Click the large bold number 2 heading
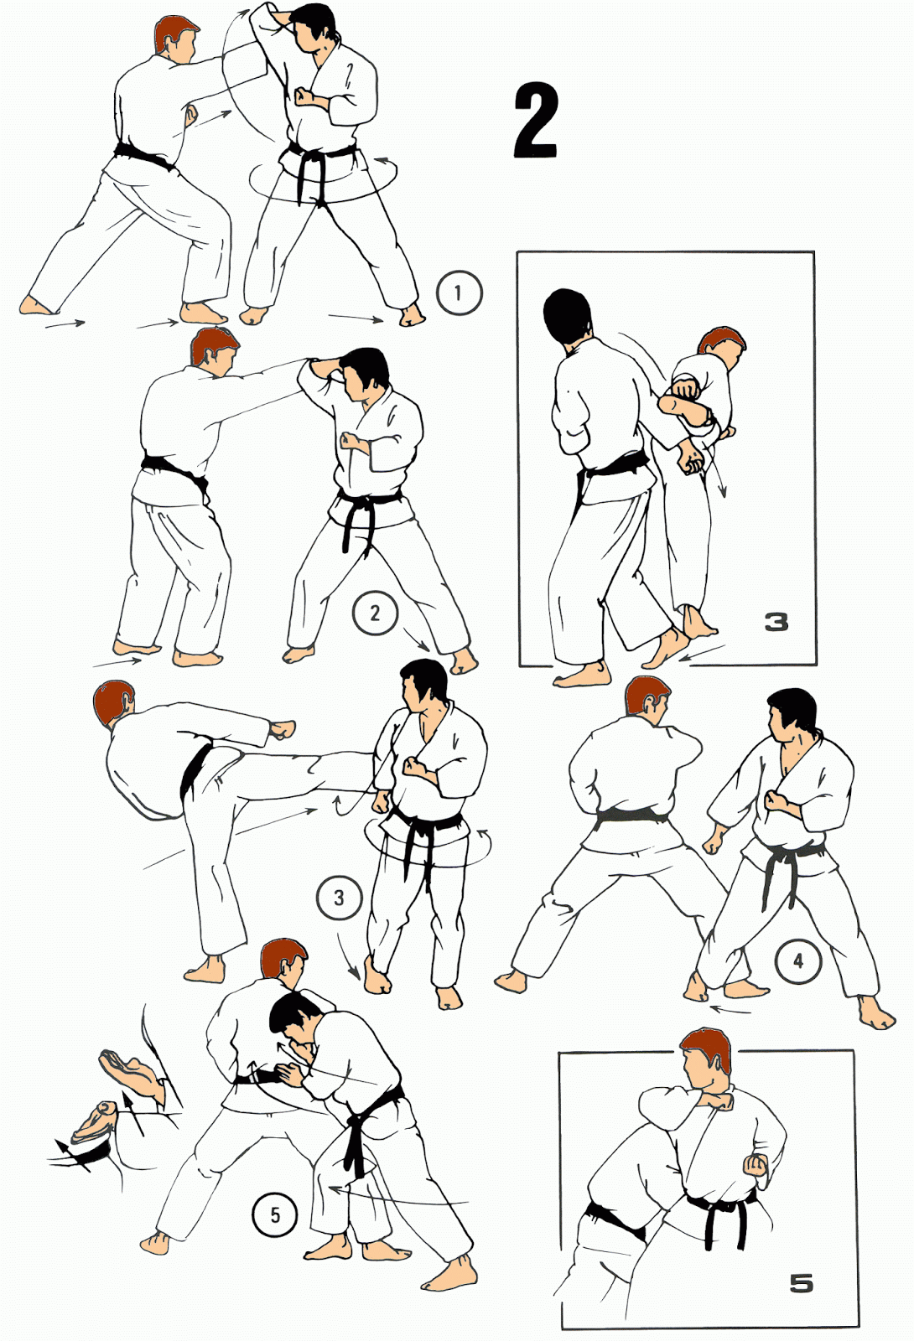537,121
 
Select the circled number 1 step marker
459,293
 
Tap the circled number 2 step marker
375,613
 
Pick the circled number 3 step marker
340,898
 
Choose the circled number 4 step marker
798,961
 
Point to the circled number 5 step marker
275,1214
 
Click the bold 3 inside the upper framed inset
776,623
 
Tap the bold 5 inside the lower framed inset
802,1283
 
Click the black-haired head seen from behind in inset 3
568,318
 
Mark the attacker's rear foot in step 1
39,306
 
